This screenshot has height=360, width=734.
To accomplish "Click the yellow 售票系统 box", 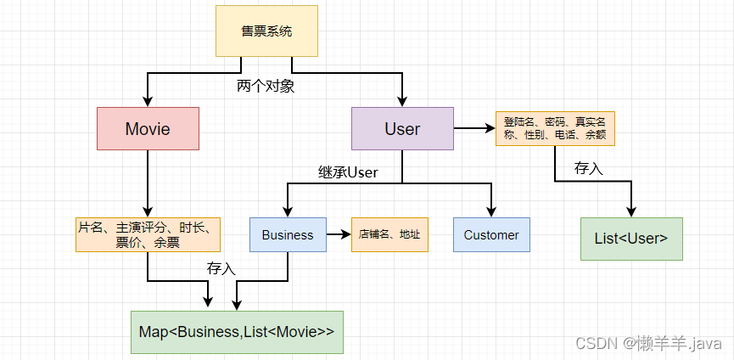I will point(266,31).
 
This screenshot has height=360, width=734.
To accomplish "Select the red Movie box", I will point(148,129).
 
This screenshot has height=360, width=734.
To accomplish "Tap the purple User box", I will point(402,129).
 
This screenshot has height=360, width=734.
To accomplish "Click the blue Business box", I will point(288,235).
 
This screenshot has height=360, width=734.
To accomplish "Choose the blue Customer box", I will point(491,235).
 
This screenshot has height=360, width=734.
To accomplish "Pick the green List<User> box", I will point(631,239).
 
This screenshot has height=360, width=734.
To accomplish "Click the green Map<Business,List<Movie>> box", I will point(237,332).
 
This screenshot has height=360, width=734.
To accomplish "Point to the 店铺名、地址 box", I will point(389,235).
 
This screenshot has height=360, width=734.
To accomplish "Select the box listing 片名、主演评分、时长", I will point(148,235).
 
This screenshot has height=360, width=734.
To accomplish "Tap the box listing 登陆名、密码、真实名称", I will point(555,129).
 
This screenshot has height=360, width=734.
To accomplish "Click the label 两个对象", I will point(266,87).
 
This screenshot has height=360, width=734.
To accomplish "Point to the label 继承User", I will point(342,172).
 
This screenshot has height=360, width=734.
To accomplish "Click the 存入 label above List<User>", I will point(588,167).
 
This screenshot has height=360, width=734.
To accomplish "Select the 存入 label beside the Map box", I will point(221,268).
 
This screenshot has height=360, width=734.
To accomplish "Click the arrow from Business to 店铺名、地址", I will point(339,235).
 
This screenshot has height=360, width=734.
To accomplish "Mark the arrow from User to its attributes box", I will point(474,129).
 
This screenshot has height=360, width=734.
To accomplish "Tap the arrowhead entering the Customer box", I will point(491,212).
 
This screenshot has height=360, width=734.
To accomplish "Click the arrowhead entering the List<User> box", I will point(631,212).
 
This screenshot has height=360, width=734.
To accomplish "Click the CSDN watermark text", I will point(648,343).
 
